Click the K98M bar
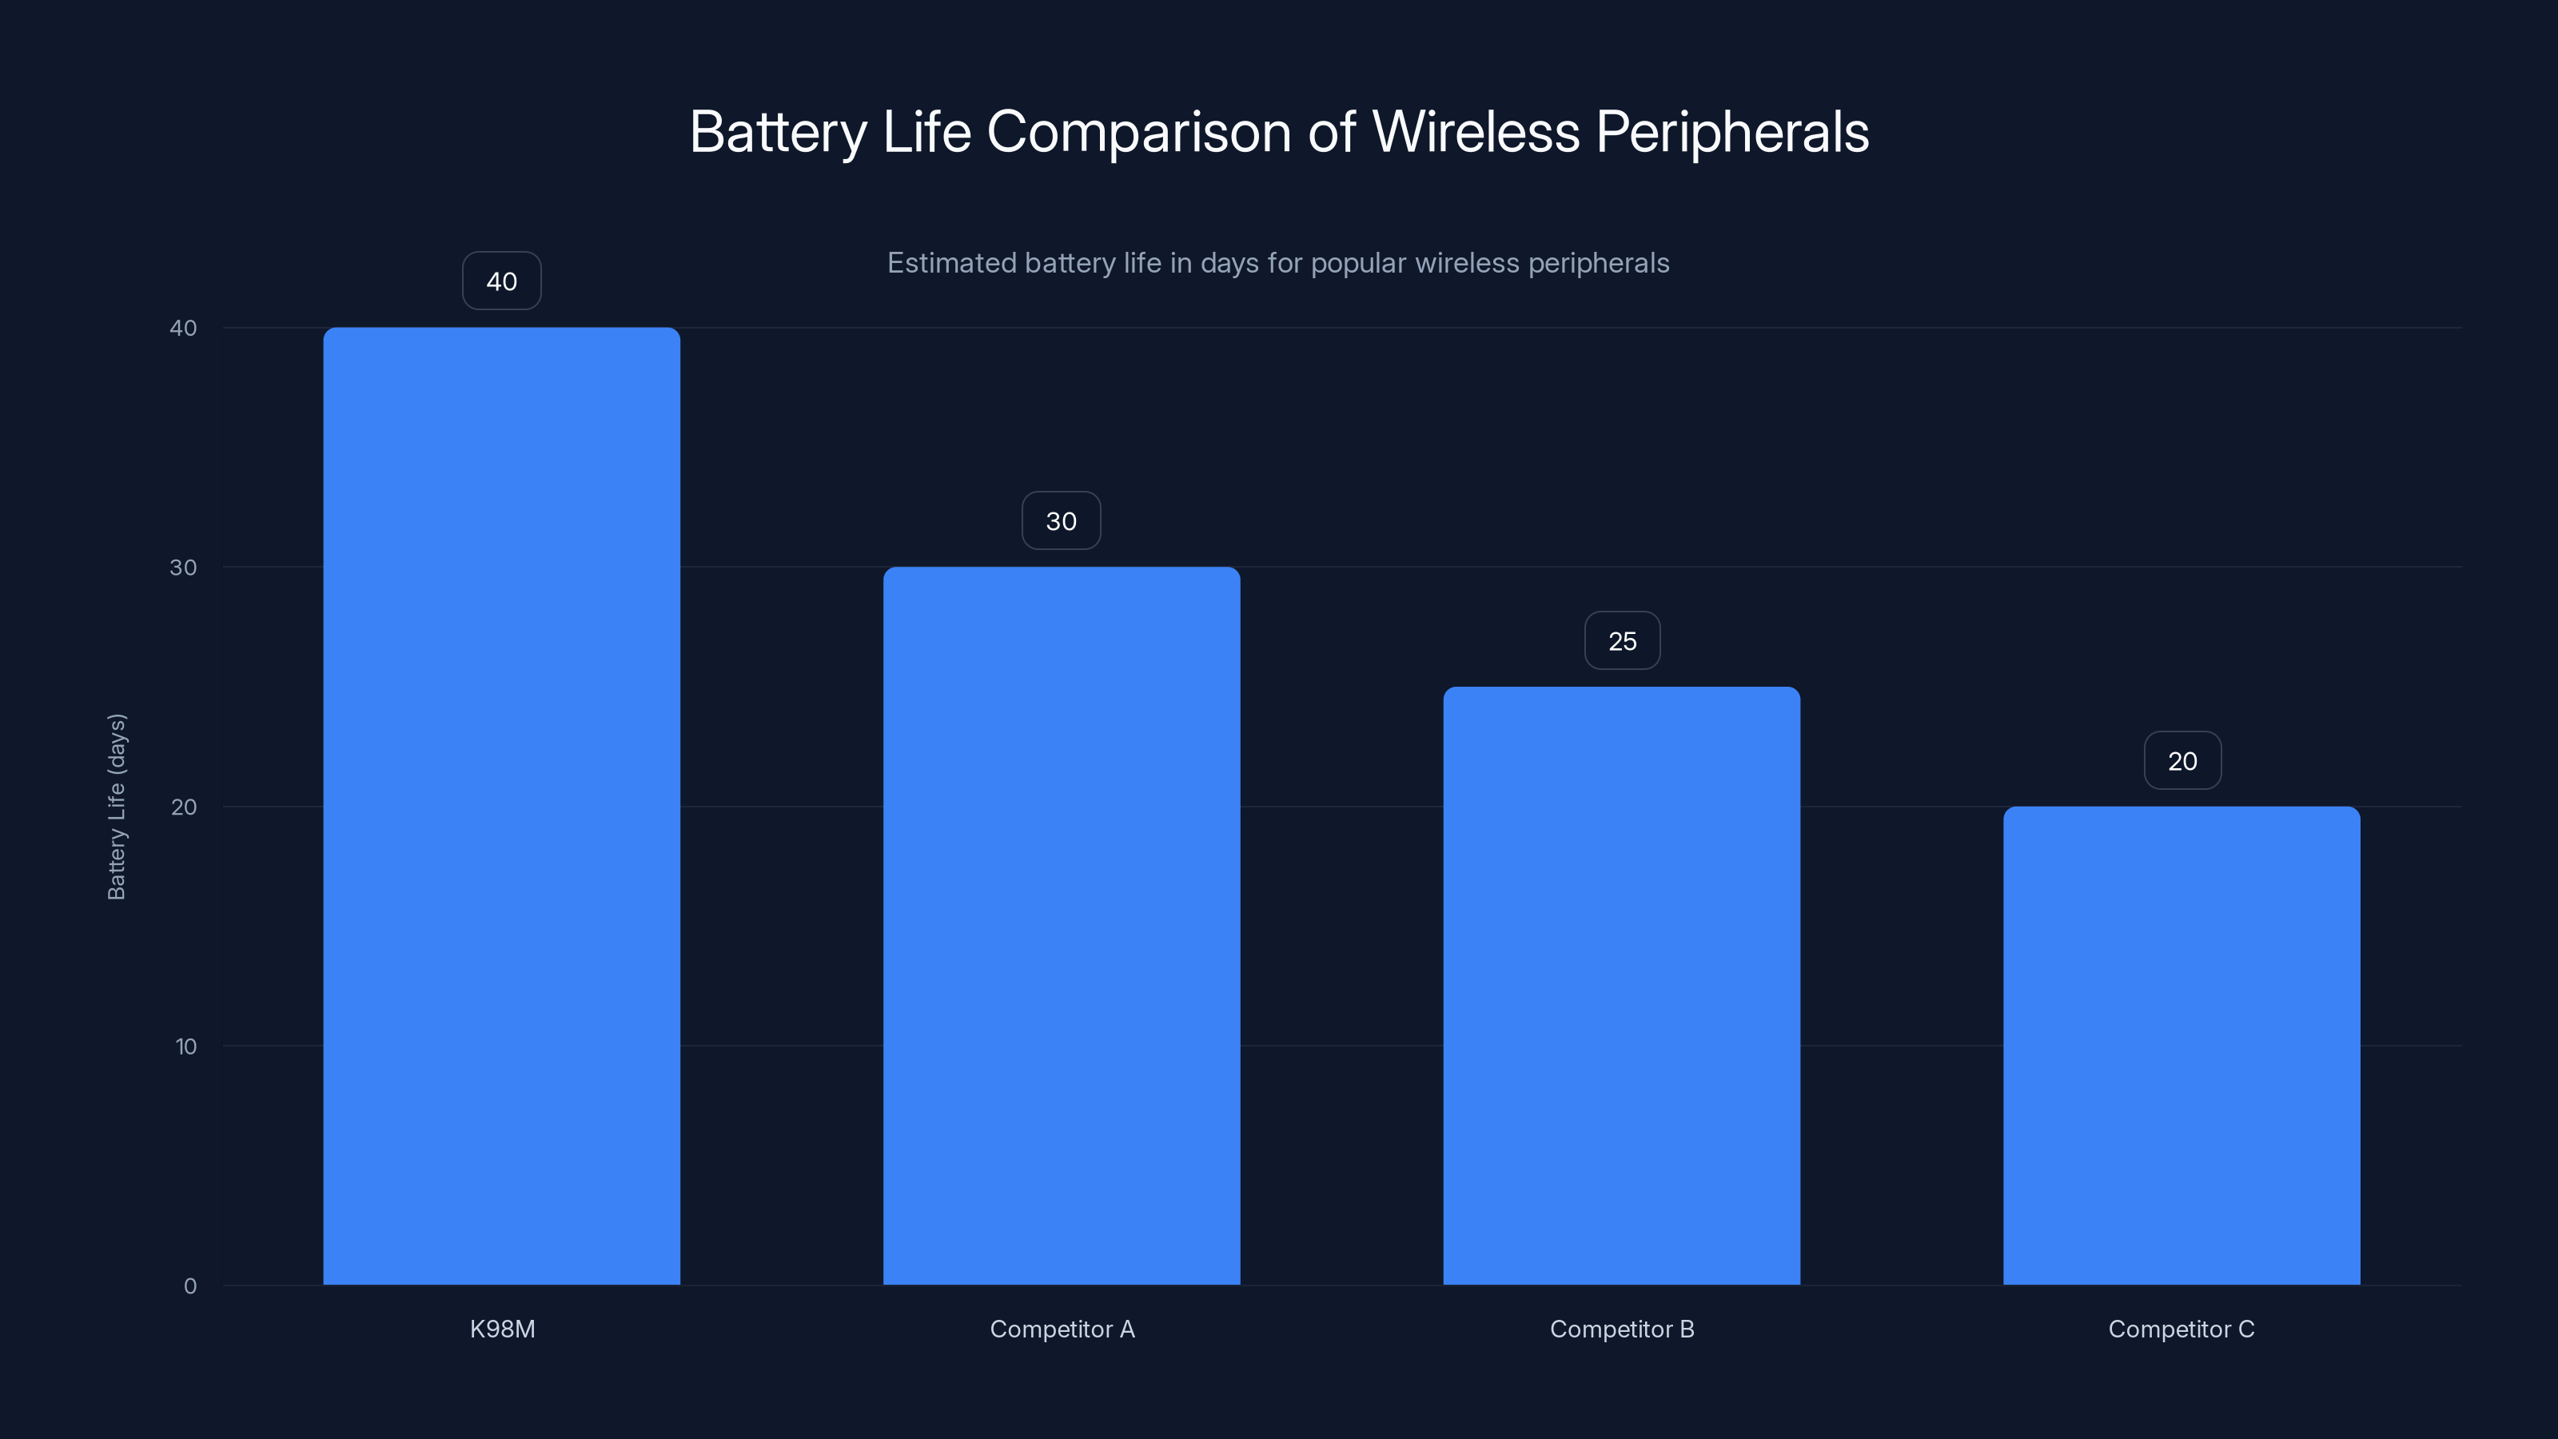tap(501, 805)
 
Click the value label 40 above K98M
tap(501, 281)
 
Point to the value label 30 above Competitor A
tap(1062, 521)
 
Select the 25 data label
tap(1623, 641)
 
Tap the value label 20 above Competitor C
tap(2182, 762)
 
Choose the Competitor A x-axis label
tap(1062, 1329)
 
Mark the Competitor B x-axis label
tap(1622, 1329)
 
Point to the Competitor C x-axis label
tap(2181, 1329)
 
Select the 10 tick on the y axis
tap(185, 1046)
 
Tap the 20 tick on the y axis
tap(184, 807)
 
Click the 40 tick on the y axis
tap(184, 329)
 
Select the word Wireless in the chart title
tap(1476, 132)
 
